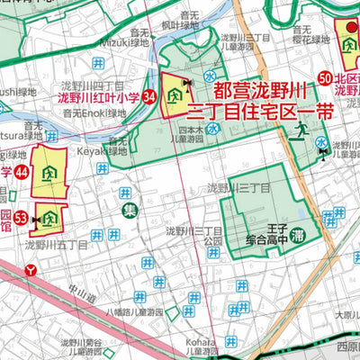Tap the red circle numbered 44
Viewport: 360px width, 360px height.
22,171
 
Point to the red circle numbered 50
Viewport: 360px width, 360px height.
325,79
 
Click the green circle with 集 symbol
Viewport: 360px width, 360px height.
130,211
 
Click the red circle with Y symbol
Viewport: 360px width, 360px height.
32,269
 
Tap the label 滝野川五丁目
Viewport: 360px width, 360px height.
57,243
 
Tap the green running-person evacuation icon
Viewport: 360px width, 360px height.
299,132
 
